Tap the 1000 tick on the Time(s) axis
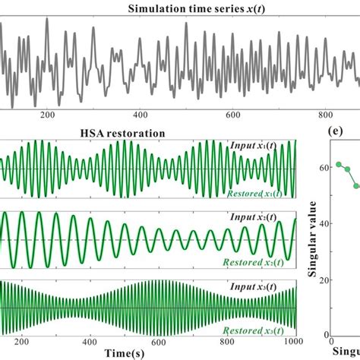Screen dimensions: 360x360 click(x=292, y=340)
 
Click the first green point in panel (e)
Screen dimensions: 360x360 click(x=339, y=164)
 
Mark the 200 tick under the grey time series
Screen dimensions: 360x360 click(x=47, y=115)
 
